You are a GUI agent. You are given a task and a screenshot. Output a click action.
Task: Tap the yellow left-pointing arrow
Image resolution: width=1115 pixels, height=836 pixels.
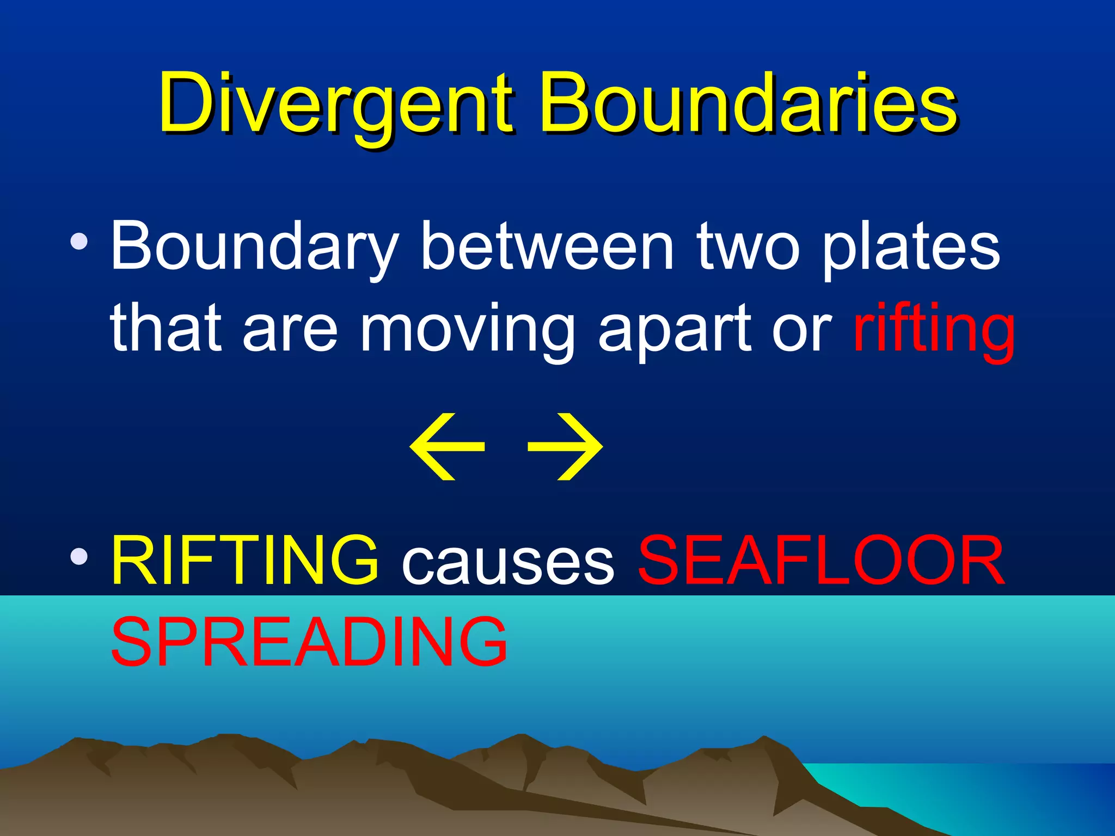(x=446, y=447)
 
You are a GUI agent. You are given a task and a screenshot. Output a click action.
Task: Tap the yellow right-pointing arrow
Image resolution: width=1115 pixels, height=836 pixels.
(x=566, y=447)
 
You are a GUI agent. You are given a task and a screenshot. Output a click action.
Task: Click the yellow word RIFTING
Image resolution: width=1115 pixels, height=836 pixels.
(x=245, y=561)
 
